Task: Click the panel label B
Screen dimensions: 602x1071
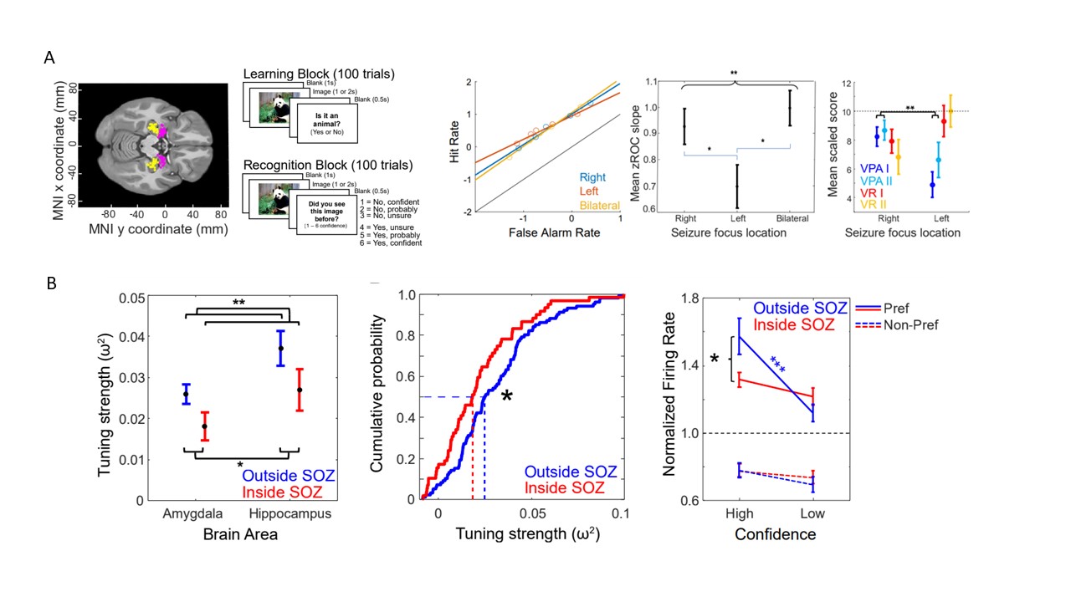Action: tap(50, 283)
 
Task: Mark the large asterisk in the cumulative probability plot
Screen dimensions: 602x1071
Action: tap(506, 398)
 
